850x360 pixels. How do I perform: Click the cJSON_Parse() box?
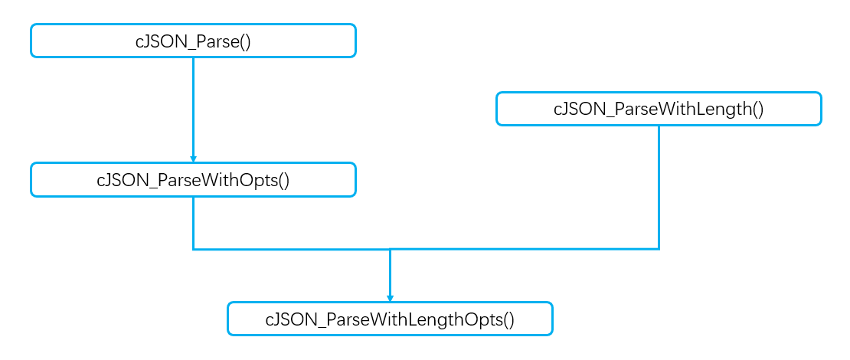coord(193,40)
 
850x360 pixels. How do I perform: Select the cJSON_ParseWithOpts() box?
coord(193,179)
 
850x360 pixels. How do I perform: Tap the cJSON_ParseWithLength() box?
coord(659,109)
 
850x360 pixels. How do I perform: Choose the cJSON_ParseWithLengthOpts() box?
coord(390,319)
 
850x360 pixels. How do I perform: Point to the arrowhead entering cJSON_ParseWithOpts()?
coord(193,157)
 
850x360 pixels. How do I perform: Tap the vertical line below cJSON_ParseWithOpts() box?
coord(193,222)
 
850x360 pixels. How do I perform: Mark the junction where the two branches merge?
coord(390,249)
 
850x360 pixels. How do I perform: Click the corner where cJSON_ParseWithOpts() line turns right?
coord(193,249)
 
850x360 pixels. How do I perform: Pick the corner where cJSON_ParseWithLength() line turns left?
coord(659,249)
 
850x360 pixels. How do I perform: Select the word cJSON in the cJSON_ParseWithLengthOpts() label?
coord(286,319)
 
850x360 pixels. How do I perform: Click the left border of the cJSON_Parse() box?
coord(31,40)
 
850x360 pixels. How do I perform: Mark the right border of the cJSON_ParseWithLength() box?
coord(821,109)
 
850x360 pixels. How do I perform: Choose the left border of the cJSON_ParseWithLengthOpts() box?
coord(228,319)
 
